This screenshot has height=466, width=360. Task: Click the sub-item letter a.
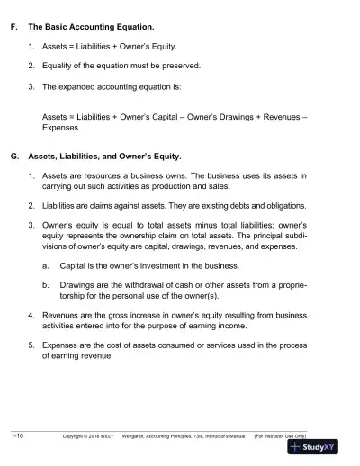click(x=46, y=266)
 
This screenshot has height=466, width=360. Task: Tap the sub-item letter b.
click(x=46, y=284)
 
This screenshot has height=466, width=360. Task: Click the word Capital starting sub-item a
click(x=75, y=266)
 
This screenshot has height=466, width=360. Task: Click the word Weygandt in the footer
click(x=159, y=436)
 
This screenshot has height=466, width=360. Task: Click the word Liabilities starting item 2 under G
click(x=63, y=204)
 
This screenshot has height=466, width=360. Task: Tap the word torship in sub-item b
click(x=75, y=295)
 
